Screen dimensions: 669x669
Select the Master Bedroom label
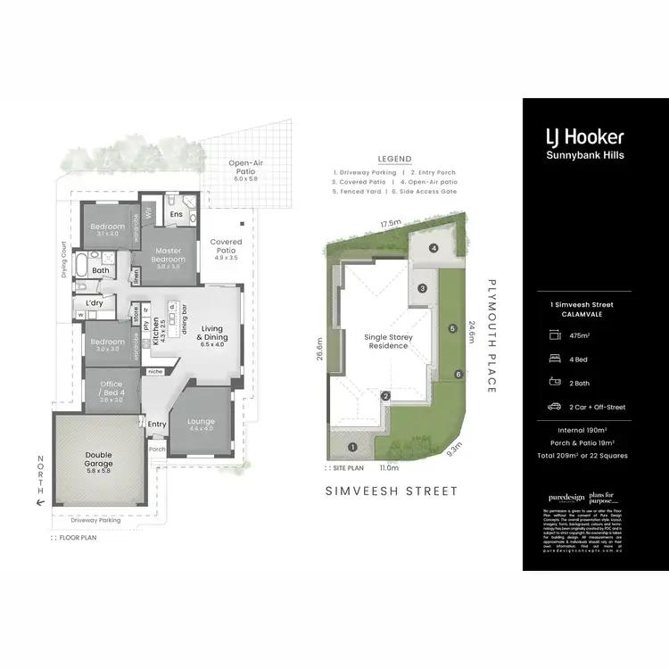pos(168,256)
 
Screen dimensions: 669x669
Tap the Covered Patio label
pos(226,247)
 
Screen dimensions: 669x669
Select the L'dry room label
pos(94,304)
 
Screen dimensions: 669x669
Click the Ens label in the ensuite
pos(178,214)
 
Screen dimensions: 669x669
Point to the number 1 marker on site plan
pos(352,447)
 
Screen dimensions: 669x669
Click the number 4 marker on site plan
pos(433,248)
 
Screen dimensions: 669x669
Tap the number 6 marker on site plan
pos(458,375)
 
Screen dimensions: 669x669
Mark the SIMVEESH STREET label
pos(391,491)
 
